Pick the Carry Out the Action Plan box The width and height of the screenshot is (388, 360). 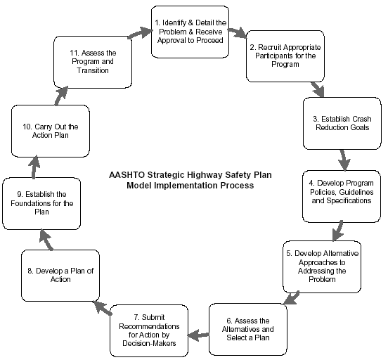[49, 131]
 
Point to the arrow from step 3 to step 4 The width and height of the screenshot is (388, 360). [344, 159]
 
